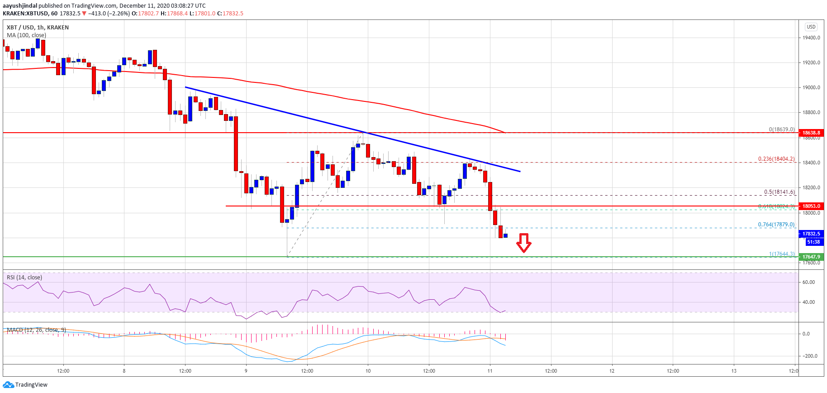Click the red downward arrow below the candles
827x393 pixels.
pos(524,243)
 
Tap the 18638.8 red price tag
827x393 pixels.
pos(811,133)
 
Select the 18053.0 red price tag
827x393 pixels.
pos(811,206)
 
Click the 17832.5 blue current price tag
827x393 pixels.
pos(811,234)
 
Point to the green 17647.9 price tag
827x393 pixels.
pos(811,257)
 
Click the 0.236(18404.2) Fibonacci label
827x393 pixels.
pos(776,159)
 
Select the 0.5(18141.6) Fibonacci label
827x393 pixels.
pos(779,192)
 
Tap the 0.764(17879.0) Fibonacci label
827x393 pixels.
pos(776,225)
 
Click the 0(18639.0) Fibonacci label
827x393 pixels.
pos(781,129)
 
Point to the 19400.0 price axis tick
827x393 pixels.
pos(811,38)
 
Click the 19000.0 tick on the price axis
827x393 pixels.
pos(811,87)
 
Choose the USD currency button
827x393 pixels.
pos(811,27)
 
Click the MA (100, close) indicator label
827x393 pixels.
pos(26,35)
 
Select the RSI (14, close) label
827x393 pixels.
pos(24,277)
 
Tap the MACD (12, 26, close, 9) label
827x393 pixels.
pos(36,330)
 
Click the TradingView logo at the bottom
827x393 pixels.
pos(25,384)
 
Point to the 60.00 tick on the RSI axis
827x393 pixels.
pos(808,282)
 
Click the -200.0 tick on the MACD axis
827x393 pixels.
pos(809,356)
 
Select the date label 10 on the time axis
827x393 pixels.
pos(368,371)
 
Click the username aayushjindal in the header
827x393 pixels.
pos(20,5)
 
